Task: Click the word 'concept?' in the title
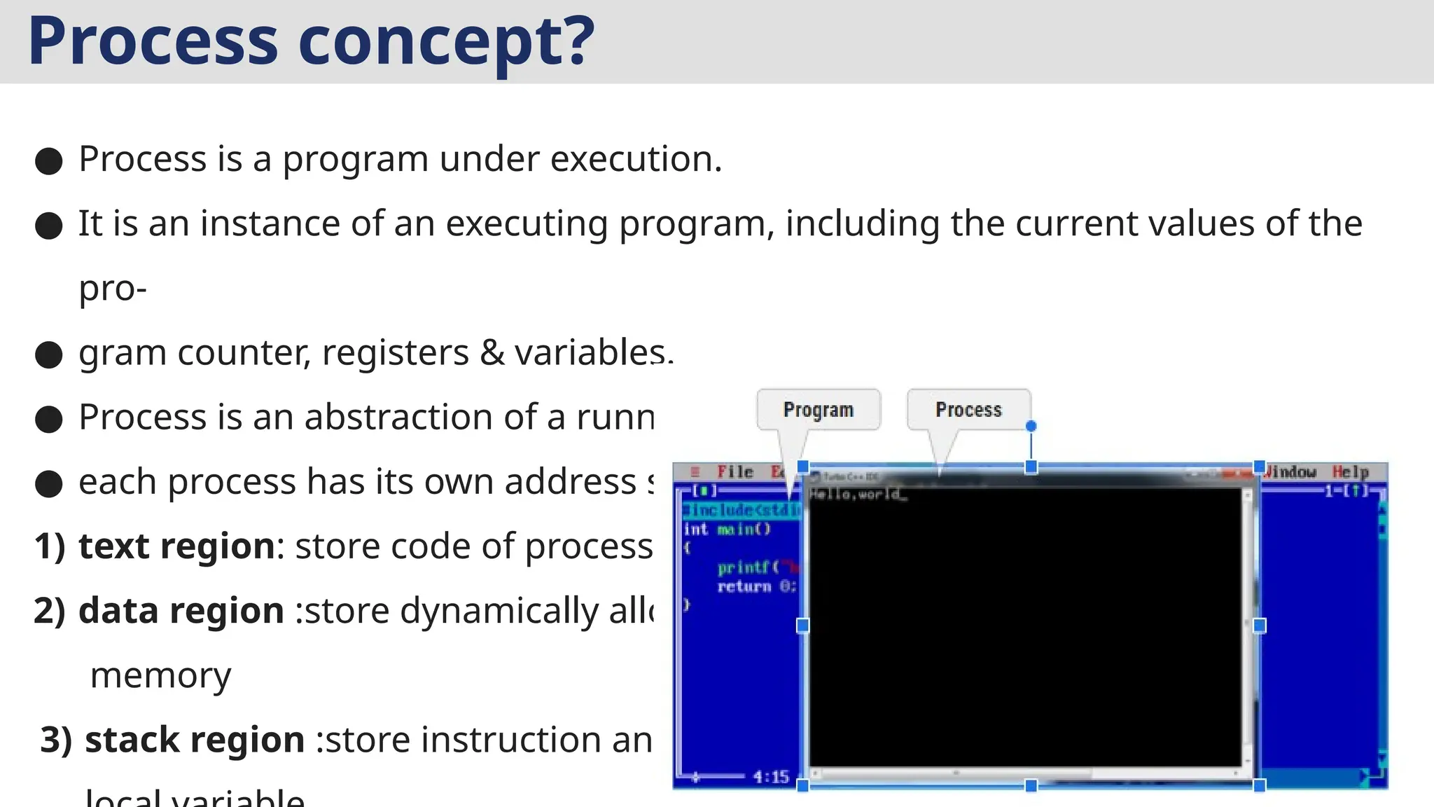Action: tap(446, 42)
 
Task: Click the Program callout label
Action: tap(818, 410)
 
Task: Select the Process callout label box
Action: tap(968, 410)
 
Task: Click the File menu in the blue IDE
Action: tap(735, 472)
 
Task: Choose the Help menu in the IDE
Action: tap(1350, 472)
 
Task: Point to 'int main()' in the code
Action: tap(727, 530)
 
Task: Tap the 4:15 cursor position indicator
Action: tap(771, 776)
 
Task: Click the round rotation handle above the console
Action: tap(1031, 426)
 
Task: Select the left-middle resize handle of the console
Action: tap(803, 626)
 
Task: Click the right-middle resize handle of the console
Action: tap(1259, 626)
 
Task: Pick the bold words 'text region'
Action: tap(176, 546)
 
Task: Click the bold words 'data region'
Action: tap(181, 611)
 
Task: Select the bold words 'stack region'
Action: tap(194, 740)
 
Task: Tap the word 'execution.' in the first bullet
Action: tap(636, 159)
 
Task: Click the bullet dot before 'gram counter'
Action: tap(49, 354)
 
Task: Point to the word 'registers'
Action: tap(395, 352)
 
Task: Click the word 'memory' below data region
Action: tap(160, 676)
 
